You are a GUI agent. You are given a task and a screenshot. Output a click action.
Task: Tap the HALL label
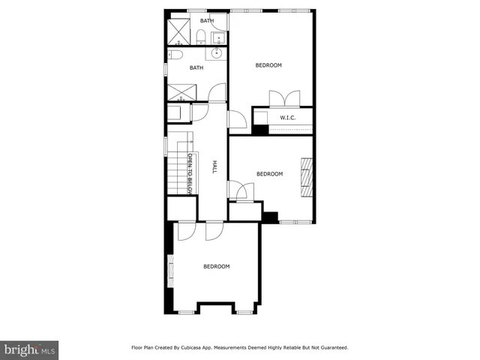pos(214,167)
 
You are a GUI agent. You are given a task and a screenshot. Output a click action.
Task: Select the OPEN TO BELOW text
pos(190,175)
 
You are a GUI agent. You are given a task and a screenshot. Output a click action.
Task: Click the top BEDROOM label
pos(268,65)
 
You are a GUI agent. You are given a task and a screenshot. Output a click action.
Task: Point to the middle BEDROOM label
pos(269,174)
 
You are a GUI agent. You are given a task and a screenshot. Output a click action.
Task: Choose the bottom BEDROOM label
pos(216,266)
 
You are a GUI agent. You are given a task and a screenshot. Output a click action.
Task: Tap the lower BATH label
pos(196,67)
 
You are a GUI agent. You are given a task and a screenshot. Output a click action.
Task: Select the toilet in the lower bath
pos(175,55)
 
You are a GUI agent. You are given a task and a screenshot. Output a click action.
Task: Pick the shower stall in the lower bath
pos(180,93)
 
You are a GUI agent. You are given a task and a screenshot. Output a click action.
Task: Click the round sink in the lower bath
pos(217,53)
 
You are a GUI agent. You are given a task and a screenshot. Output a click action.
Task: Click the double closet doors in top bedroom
pos(285,98)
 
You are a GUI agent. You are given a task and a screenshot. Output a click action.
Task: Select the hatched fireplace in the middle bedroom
pos(305,177)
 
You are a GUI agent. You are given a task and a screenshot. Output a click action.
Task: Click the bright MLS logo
pos(29,349)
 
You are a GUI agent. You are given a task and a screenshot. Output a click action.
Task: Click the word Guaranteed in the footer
pos(331,347)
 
